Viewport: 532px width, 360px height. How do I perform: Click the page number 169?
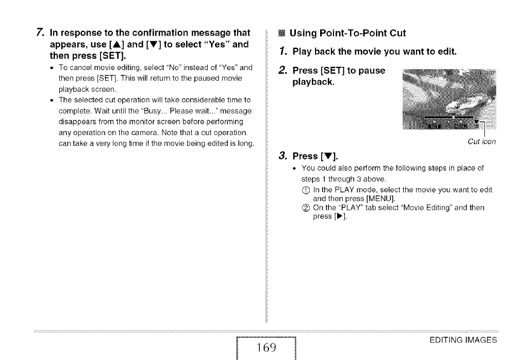point(267,348)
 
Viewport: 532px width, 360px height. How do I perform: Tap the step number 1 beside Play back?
point(281,52)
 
